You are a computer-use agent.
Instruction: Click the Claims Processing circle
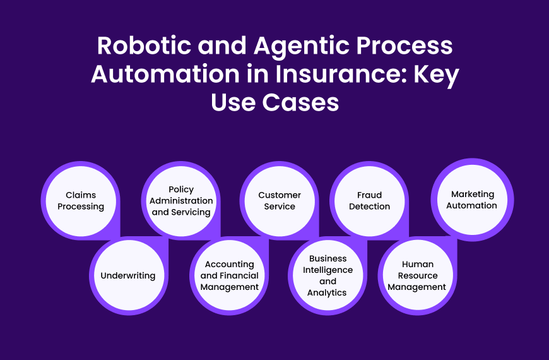[x=80, y=201]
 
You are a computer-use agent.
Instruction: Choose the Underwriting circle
[x=128, y=275]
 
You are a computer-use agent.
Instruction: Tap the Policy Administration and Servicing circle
[x=181, y=201]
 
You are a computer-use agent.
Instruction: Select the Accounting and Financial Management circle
[x=230, y=276]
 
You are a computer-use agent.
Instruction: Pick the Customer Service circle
[x=280, y=201]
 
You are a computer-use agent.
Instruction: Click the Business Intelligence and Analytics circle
[x=328, y=276]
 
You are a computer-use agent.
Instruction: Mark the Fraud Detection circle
[x=370, y=201]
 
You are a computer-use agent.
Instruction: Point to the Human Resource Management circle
[x=417, y=276]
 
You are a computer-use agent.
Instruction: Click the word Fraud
[x=370, y=195]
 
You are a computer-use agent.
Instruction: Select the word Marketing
[x=473, y=194]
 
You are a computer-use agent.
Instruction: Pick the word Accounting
[x=230, y=264]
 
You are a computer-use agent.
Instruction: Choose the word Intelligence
[x=327, y=270]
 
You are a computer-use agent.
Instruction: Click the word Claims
[x=80, y=195]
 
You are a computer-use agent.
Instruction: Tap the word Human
[x=417, y=264]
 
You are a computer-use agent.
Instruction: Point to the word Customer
[x=280, y=195]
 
